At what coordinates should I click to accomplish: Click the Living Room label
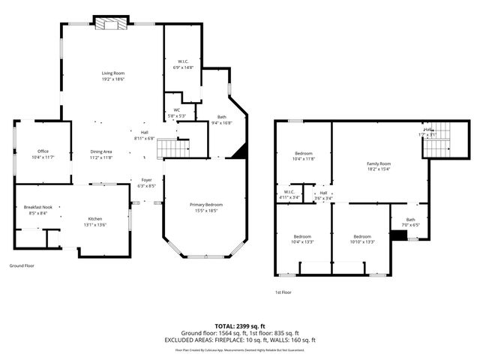tap(113, 76)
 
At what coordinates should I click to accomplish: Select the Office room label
tap(43, 154)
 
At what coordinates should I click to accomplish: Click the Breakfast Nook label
tap(37, 210)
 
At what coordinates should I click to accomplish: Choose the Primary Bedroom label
tap(205, 208)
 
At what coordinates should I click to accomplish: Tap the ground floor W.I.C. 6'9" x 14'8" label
tap(183, 64)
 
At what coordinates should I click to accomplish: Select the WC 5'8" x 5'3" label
tap(177, 113)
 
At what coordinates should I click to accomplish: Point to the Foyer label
tap(146, 182)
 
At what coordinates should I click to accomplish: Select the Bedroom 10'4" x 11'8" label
tap(304, 156)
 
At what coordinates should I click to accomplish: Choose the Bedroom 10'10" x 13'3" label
tap(361, 239)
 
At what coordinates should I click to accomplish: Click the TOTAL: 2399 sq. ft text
tap(240, 326)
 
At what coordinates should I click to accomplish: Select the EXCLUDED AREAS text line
tap(240, 340)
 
